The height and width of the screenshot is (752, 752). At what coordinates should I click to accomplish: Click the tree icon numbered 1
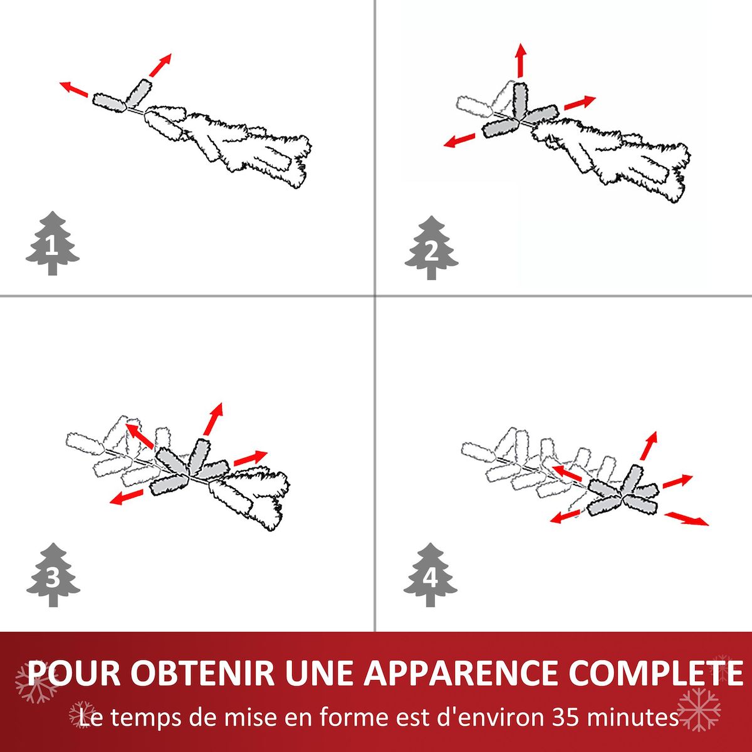[x=52, y=244]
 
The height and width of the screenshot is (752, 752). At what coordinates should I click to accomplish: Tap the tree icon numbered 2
[x=431, y=248]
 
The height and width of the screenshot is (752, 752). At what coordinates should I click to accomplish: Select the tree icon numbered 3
[x=53, y=575]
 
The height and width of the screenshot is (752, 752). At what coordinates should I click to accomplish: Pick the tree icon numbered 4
[x=431, y=575]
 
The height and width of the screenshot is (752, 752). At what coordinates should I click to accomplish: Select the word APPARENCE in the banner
[x=460, y=672]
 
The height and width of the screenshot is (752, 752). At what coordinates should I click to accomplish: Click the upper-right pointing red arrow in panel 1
[x=160, y=65]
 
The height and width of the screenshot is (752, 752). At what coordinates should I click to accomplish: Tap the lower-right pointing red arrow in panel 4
[x=686, y=518]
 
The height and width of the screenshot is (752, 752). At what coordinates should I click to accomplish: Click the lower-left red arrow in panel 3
[x=126, y=498]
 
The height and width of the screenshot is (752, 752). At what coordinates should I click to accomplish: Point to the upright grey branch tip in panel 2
[x=520, y=99]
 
